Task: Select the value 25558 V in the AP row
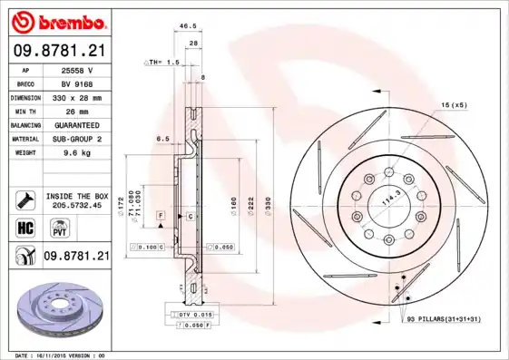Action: coord(77,69)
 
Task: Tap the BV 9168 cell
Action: coord(77,83)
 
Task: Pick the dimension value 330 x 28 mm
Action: coord(77,96)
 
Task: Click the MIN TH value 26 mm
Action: coord(77,111)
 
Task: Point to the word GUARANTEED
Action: coord(77,124)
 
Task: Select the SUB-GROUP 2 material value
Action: coord(77,139)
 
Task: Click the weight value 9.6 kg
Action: coord(77,153)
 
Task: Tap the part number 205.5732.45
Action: coord(76,205)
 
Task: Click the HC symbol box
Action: coord(24,227)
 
